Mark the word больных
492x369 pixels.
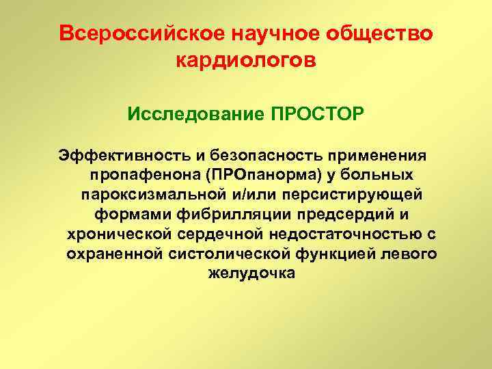click(x=379, y=174)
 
